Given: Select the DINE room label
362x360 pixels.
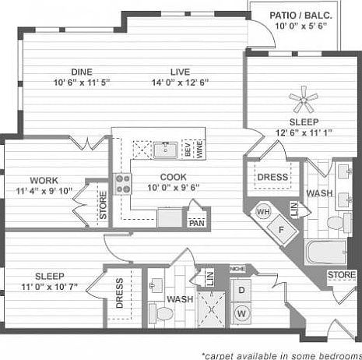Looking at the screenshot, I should click(x=82, y=72).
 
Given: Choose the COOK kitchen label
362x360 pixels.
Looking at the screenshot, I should click(x=173, y=177).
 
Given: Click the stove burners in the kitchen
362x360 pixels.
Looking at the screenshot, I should click(x=122, y=184).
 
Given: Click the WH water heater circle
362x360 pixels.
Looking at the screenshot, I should click(x=263, y=212).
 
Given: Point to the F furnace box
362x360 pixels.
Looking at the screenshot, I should click(x=281, y=230).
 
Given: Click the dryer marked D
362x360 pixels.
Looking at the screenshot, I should click(x=242, y=290).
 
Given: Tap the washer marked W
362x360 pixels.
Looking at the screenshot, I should click(x=242, y=313).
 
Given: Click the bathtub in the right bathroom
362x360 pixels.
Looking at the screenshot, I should click(x=325, y=254).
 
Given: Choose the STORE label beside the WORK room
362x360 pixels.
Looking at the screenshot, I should click(x=102, y=205).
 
